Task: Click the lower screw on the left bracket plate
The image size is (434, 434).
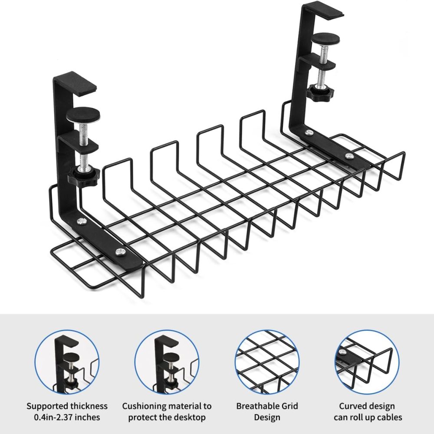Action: click(x=120, y=252)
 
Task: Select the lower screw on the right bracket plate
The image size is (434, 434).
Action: click(x=349, y=156)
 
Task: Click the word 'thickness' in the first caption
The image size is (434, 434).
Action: click(x=89, y=406)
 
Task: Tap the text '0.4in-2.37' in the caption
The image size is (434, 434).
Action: click(x=55, y=417)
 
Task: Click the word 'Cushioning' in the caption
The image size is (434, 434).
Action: click(x=144, y=406)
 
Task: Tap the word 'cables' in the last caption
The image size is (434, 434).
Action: click(x=388, y=417)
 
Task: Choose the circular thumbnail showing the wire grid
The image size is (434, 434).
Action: click(x=267, y=362)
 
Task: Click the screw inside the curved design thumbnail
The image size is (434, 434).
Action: click(x=343, y=352)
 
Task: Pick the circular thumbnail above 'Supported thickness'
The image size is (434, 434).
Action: click(x=67, y=362)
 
